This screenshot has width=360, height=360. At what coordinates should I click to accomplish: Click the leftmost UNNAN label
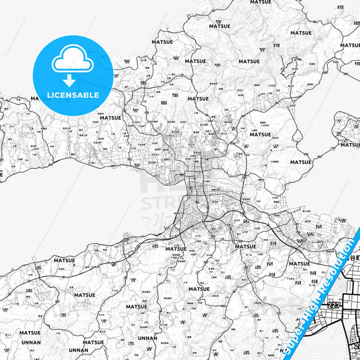pos(30,342)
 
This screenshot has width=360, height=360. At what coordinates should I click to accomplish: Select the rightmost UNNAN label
pos(147,338)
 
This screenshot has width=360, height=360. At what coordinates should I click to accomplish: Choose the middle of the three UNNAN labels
pos(78,351)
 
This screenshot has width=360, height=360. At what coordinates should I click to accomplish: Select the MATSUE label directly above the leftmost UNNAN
pos(30,333)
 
